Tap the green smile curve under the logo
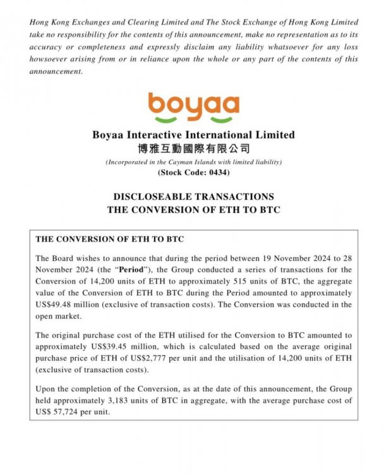193,119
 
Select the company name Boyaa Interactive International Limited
193,135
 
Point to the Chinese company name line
193,149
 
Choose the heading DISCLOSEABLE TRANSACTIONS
193,197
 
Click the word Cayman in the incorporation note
186,162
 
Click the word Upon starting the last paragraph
47,389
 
